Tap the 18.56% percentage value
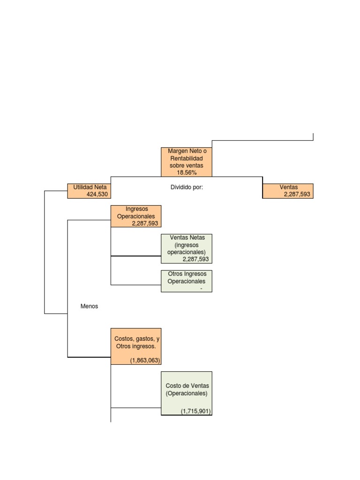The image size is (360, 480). [187, 172]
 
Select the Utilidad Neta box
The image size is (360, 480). [90, 191]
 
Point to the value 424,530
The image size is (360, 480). [97, 194]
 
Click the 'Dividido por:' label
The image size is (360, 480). [187, 187]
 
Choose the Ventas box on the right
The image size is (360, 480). [288, 191]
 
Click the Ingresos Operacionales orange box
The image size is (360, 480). [136, 216]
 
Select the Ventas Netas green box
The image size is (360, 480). [187, 248]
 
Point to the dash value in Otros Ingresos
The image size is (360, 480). [201, 289]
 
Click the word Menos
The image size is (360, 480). [90, 306]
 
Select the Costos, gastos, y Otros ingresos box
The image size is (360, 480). [136, 346]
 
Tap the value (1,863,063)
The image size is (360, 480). [145, 360]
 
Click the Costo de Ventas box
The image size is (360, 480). [187, 393]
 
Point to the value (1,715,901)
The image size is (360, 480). [196, 411]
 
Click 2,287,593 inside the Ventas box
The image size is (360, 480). [298, 194]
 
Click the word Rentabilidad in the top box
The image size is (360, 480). [187, 159]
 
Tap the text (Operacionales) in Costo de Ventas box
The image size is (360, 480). [187, 393]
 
